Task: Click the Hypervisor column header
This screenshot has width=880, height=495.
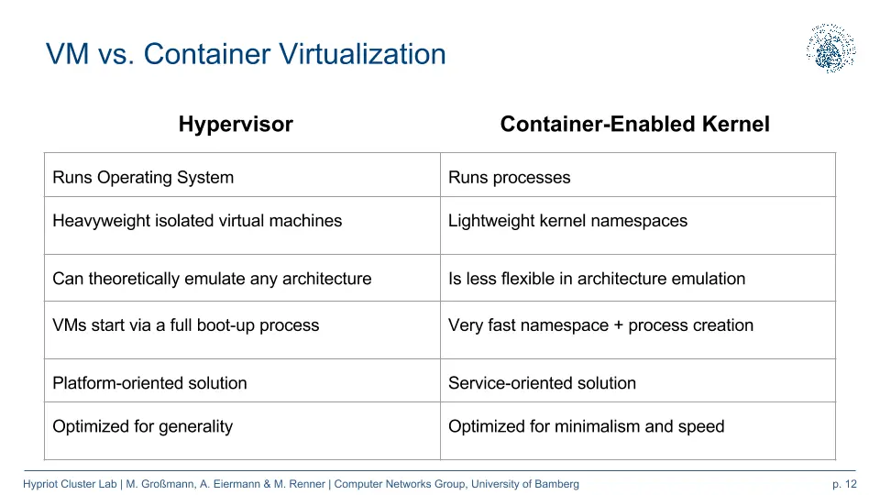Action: click(x=236, y=125)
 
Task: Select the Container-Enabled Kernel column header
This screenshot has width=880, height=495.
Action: click(x=634, y=124)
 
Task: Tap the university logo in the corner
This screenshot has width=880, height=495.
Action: click(x=831, y=49)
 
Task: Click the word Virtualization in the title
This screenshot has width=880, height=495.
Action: click(x=363, y=54)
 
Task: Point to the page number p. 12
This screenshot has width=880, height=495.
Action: click(x=844, y=484)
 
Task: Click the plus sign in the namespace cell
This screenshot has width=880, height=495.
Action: click(x=619, y=325)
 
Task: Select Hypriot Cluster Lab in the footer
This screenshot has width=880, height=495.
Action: click(x=70, y=484)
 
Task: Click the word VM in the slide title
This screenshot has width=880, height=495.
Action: click(x=67, y=54)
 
